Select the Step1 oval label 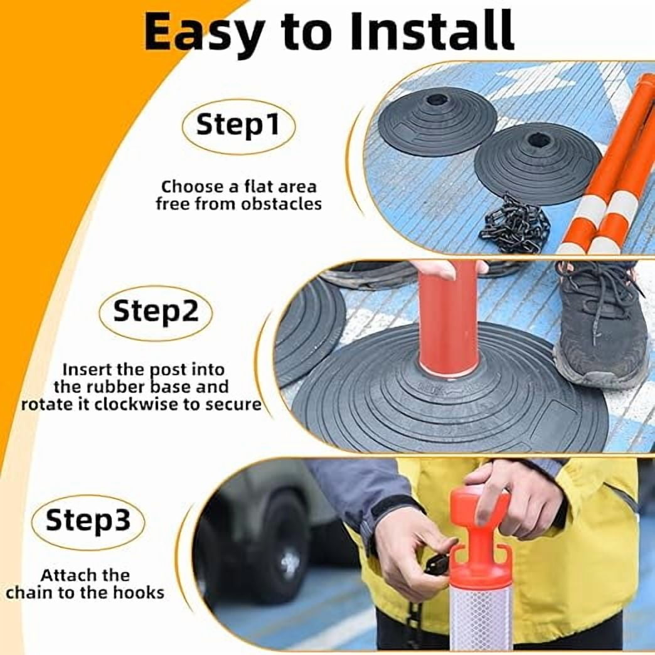point(238,125)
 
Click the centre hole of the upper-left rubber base point(435,100)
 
